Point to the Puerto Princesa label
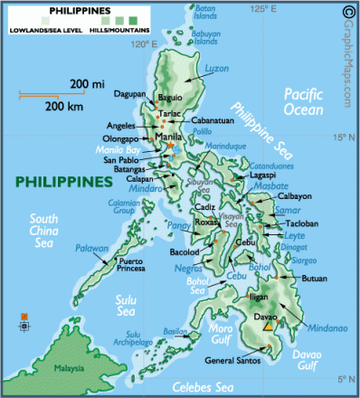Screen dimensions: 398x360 [x=124, y=266]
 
